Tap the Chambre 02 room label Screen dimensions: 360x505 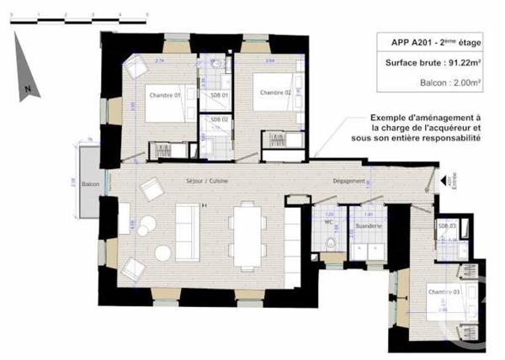[274, 92]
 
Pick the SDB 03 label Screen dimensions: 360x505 [447, 227]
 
